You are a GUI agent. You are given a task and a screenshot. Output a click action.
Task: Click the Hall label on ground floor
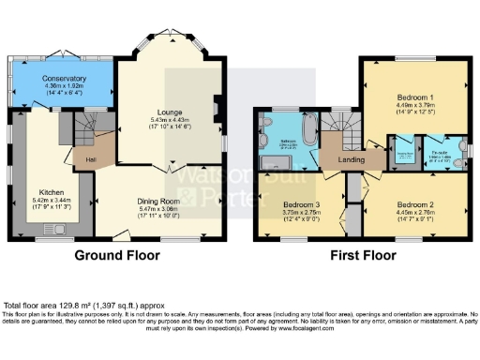click(x=90, y=159)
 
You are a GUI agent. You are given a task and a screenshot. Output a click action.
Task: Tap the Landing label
click(x=352, y=159)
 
